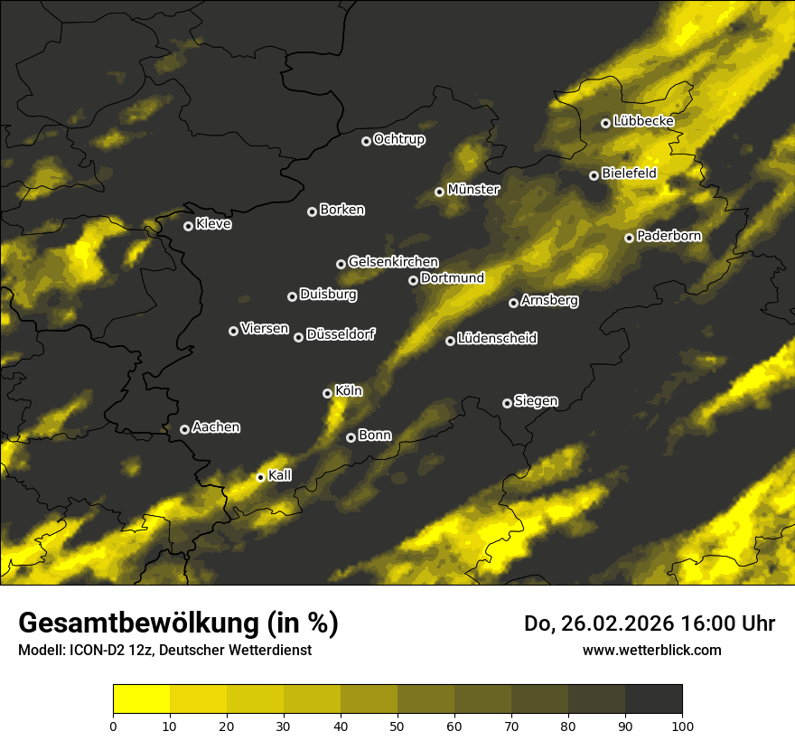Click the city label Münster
coord(473,190)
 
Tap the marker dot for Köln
coord(327,393)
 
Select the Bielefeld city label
coord(629,173)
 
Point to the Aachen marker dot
coord(184,429)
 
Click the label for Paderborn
coord(669,236)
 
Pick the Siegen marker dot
coord(507,403)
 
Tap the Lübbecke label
coord(643,121)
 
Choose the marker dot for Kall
coord(260,477)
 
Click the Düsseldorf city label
coord(340,335)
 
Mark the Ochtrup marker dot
coord(366,141)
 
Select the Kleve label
coord(213,224)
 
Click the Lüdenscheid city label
coord(497,339)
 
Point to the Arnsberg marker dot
coord(513,303)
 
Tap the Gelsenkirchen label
coord(393,262)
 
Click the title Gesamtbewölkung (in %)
coord(178,623)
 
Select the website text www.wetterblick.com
coord(651,650)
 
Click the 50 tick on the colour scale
coord(397,725)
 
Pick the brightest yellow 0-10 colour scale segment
coord(141,698)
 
